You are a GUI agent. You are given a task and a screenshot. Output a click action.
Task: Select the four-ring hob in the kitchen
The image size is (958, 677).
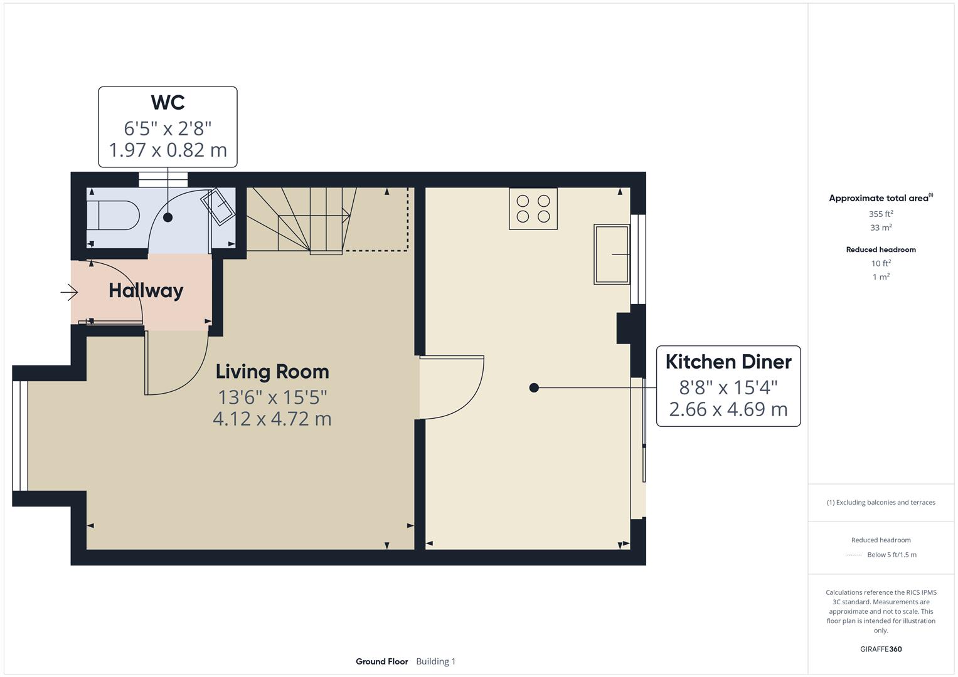[533, 209]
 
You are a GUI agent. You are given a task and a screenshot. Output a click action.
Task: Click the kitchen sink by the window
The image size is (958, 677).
[612, 254]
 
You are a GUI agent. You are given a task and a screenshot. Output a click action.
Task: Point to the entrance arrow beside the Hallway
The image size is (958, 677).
[69, 292]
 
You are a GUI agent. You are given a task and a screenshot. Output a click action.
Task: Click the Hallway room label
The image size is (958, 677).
[146, 290]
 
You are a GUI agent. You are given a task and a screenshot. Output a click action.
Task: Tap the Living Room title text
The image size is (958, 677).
[272, 371]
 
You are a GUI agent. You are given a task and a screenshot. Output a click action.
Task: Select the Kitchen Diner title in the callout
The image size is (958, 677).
[728, 362]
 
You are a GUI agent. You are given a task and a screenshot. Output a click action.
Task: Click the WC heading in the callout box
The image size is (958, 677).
[168, 102]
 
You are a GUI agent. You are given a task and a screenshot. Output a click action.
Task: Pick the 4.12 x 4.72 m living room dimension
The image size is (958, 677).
[272, 419]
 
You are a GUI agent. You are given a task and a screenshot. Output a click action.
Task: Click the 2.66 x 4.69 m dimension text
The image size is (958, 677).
[728, 409]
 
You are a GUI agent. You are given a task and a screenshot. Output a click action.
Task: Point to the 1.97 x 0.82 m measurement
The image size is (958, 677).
[168, 150]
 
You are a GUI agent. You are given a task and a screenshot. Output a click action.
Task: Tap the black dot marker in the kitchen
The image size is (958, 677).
[534, 388]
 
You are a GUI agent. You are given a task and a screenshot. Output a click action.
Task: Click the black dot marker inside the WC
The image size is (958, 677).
[168, 218]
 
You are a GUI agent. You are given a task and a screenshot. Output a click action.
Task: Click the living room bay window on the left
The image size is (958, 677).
[20, 435]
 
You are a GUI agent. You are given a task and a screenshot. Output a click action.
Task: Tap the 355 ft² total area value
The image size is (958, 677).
[881, 214]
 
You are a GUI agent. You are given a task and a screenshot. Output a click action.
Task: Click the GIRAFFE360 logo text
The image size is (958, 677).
[881, 649]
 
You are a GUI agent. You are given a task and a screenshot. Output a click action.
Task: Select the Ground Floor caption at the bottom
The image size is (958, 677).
[381, 661]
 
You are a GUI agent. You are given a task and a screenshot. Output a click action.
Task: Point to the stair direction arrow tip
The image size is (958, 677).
[348, 215]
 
